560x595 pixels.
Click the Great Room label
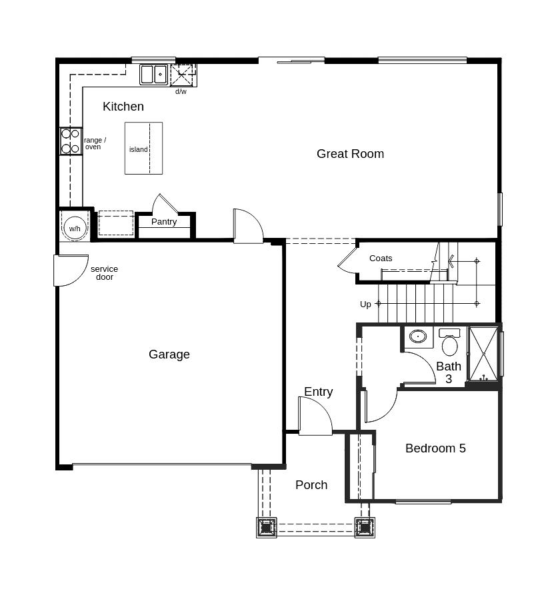pyautogui.click(x=350, y=154)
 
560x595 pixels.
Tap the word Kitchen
pyautogui.click(x=123, y=106)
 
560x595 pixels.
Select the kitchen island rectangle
pyautogui.click(x=143, y=148)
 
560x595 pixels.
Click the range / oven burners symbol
pyautogui.click(x=71, y=141)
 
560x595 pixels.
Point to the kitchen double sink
pyautogui.click(x=154, y=75)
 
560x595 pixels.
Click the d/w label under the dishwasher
pyautogui.click(x=181, y=91)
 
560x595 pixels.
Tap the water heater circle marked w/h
pyautogui.click(x=75, y=229)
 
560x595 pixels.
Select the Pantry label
pyautogui.click(x=164, y=222)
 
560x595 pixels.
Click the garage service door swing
pyautogui.click(x=71, y=270)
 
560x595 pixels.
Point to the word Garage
pyautogui.click(x=169, y=354)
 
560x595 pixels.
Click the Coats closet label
pyautogui.click(x=381, y=259)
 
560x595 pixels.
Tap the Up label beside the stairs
pyautogui.click(x=365, y=304)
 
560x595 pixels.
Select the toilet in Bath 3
pyautogui.click(x=450, y=342)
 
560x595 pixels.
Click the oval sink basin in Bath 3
pyautogui.click(x=418, y=336)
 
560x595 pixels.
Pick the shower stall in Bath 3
pyautogui.click(x=484, y=354)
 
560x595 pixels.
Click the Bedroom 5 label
pyautogui.click(x=435, y=448)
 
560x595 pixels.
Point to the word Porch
pyautogui.click(x=311, y=485)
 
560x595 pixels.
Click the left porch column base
pyautogui.click(x=267, y=527)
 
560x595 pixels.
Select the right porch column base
pyautogui.click(x=365, y=527)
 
